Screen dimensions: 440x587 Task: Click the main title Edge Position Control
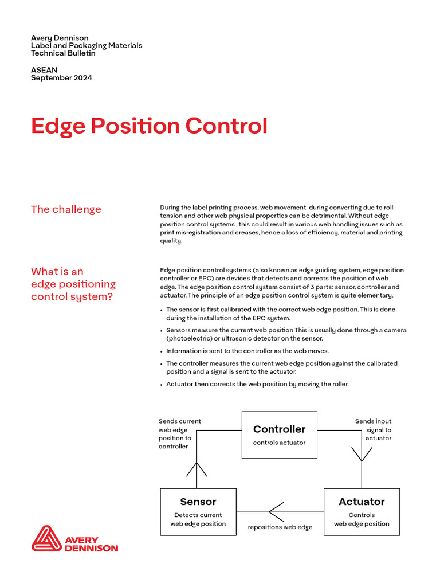tap(149, 126)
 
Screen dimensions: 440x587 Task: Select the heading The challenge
tap(66, 209)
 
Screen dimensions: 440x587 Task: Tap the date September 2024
tap(61, 77)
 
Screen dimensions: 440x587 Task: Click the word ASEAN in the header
tap(44, 70)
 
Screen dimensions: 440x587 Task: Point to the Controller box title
tap(279, 429)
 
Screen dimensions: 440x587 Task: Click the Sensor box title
tap(198, 502)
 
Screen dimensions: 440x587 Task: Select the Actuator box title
tap(362, 502)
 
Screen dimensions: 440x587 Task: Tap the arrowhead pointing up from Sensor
tap(197, 469)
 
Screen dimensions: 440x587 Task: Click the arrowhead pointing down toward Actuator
tap(362, 454)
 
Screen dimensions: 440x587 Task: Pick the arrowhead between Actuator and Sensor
tap(276, 511)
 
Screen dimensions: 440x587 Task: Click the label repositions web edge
tap(280, 527)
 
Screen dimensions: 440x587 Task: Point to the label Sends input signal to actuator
tap(374, 430)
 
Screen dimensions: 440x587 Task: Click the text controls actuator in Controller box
tap(279, 443)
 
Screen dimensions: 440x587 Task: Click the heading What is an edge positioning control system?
tap(73, 284)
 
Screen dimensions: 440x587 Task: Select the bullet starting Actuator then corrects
tap(257, 384)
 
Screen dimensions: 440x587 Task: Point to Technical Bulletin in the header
tap(63, 53)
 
